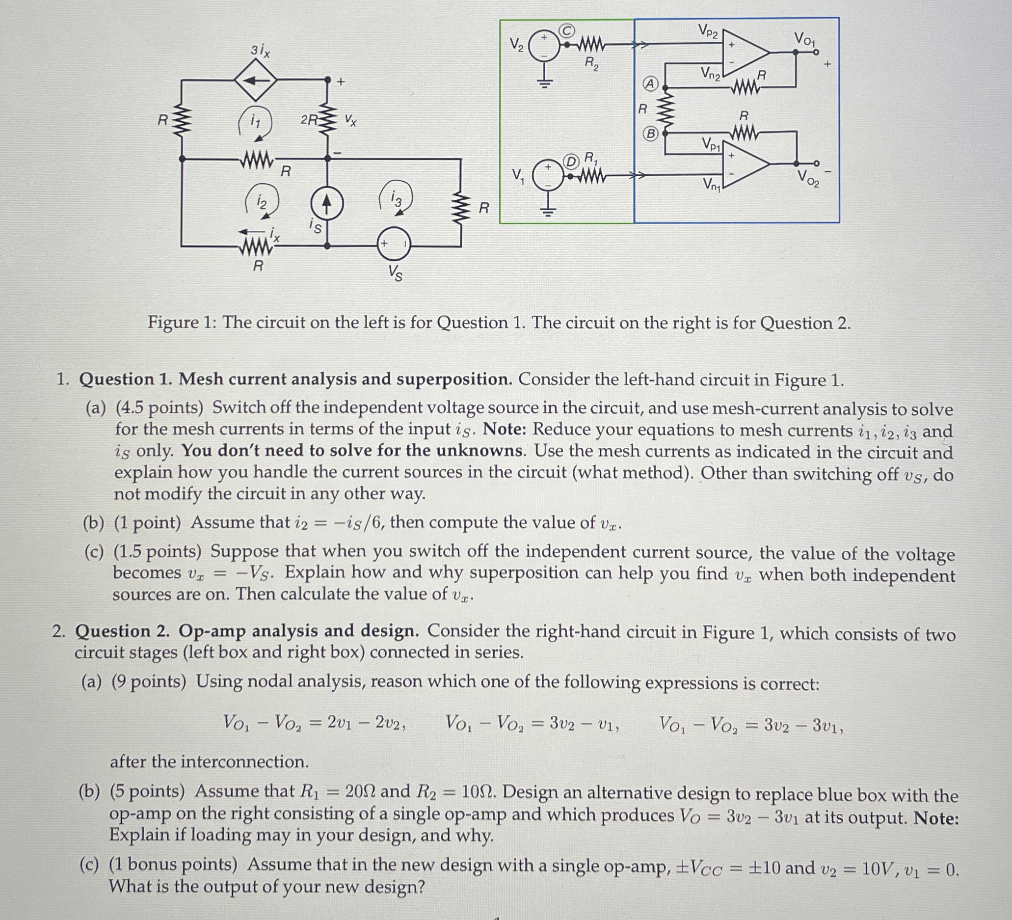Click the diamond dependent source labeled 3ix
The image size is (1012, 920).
pos(256,81)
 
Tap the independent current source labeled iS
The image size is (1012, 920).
pos(327,204)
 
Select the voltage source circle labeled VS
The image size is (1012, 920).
pos(394,244)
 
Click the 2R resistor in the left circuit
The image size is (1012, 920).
pos(327,120)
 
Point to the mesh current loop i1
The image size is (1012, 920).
pos(256,122)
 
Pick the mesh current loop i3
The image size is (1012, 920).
pos(397,197)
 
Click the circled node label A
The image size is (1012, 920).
pos(651,84)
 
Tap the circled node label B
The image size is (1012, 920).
pos(651,134)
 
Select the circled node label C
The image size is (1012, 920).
pos(567,31)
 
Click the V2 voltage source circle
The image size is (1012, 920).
pos(544,45)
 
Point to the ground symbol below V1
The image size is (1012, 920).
pos(548,211)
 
